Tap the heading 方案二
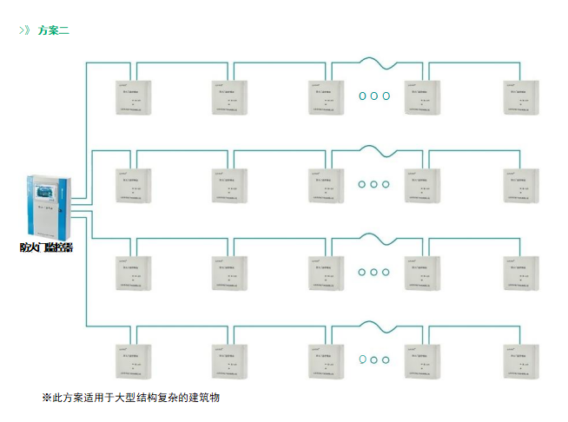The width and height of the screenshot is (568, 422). click(54, 30)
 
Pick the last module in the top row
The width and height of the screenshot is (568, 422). click(521, 96)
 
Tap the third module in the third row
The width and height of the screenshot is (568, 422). click(327, 273)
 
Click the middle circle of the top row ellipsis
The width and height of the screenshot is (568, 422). click(374, 96)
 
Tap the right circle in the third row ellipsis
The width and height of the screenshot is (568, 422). click(386, 272)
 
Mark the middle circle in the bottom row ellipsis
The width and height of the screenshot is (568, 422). click(374, 359)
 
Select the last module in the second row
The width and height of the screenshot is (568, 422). click(521, 185)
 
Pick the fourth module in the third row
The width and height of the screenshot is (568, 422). click(422, 273)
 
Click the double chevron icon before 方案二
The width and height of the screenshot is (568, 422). click(25, 30)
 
